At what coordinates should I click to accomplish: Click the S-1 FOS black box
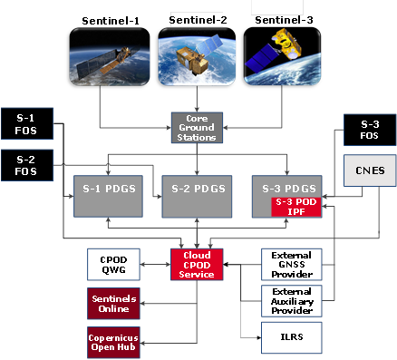pos(27,123)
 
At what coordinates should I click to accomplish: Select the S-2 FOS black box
pos(27,165)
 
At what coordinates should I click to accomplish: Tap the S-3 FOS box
pos(370,130)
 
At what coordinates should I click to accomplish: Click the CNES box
pos(370,170)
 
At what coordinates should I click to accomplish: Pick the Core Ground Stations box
pos(197,128)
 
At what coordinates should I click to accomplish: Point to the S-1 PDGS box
pos(108,196)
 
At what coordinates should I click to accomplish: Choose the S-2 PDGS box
pos(197,196)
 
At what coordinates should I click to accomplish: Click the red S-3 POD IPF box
pos(296,207)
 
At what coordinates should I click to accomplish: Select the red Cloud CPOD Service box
pos(197,265)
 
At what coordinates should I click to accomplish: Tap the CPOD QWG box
pos(113,265)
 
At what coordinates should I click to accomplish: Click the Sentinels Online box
pos(113,304)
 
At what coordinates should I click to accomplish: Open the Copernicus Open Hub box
pos(113,343)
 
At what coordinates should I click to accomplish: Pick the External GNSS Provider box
pos(292,265)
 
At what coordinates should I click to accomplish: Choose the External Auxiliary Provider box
pos(292,301)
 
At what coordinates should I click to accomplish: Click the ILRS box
pos(292,337)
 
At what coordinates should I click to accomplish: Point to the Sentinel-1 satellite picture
pos(110,56)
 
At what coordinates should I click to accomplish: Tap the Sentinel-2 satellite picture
pos(197,56)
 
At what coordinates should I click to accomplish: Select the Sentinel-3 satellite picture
pos(282,56)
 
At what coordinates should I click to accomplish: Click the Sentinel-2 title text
pos(198,20)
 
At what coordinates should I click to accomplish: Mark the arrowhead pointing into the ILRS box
pos(258,337)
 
